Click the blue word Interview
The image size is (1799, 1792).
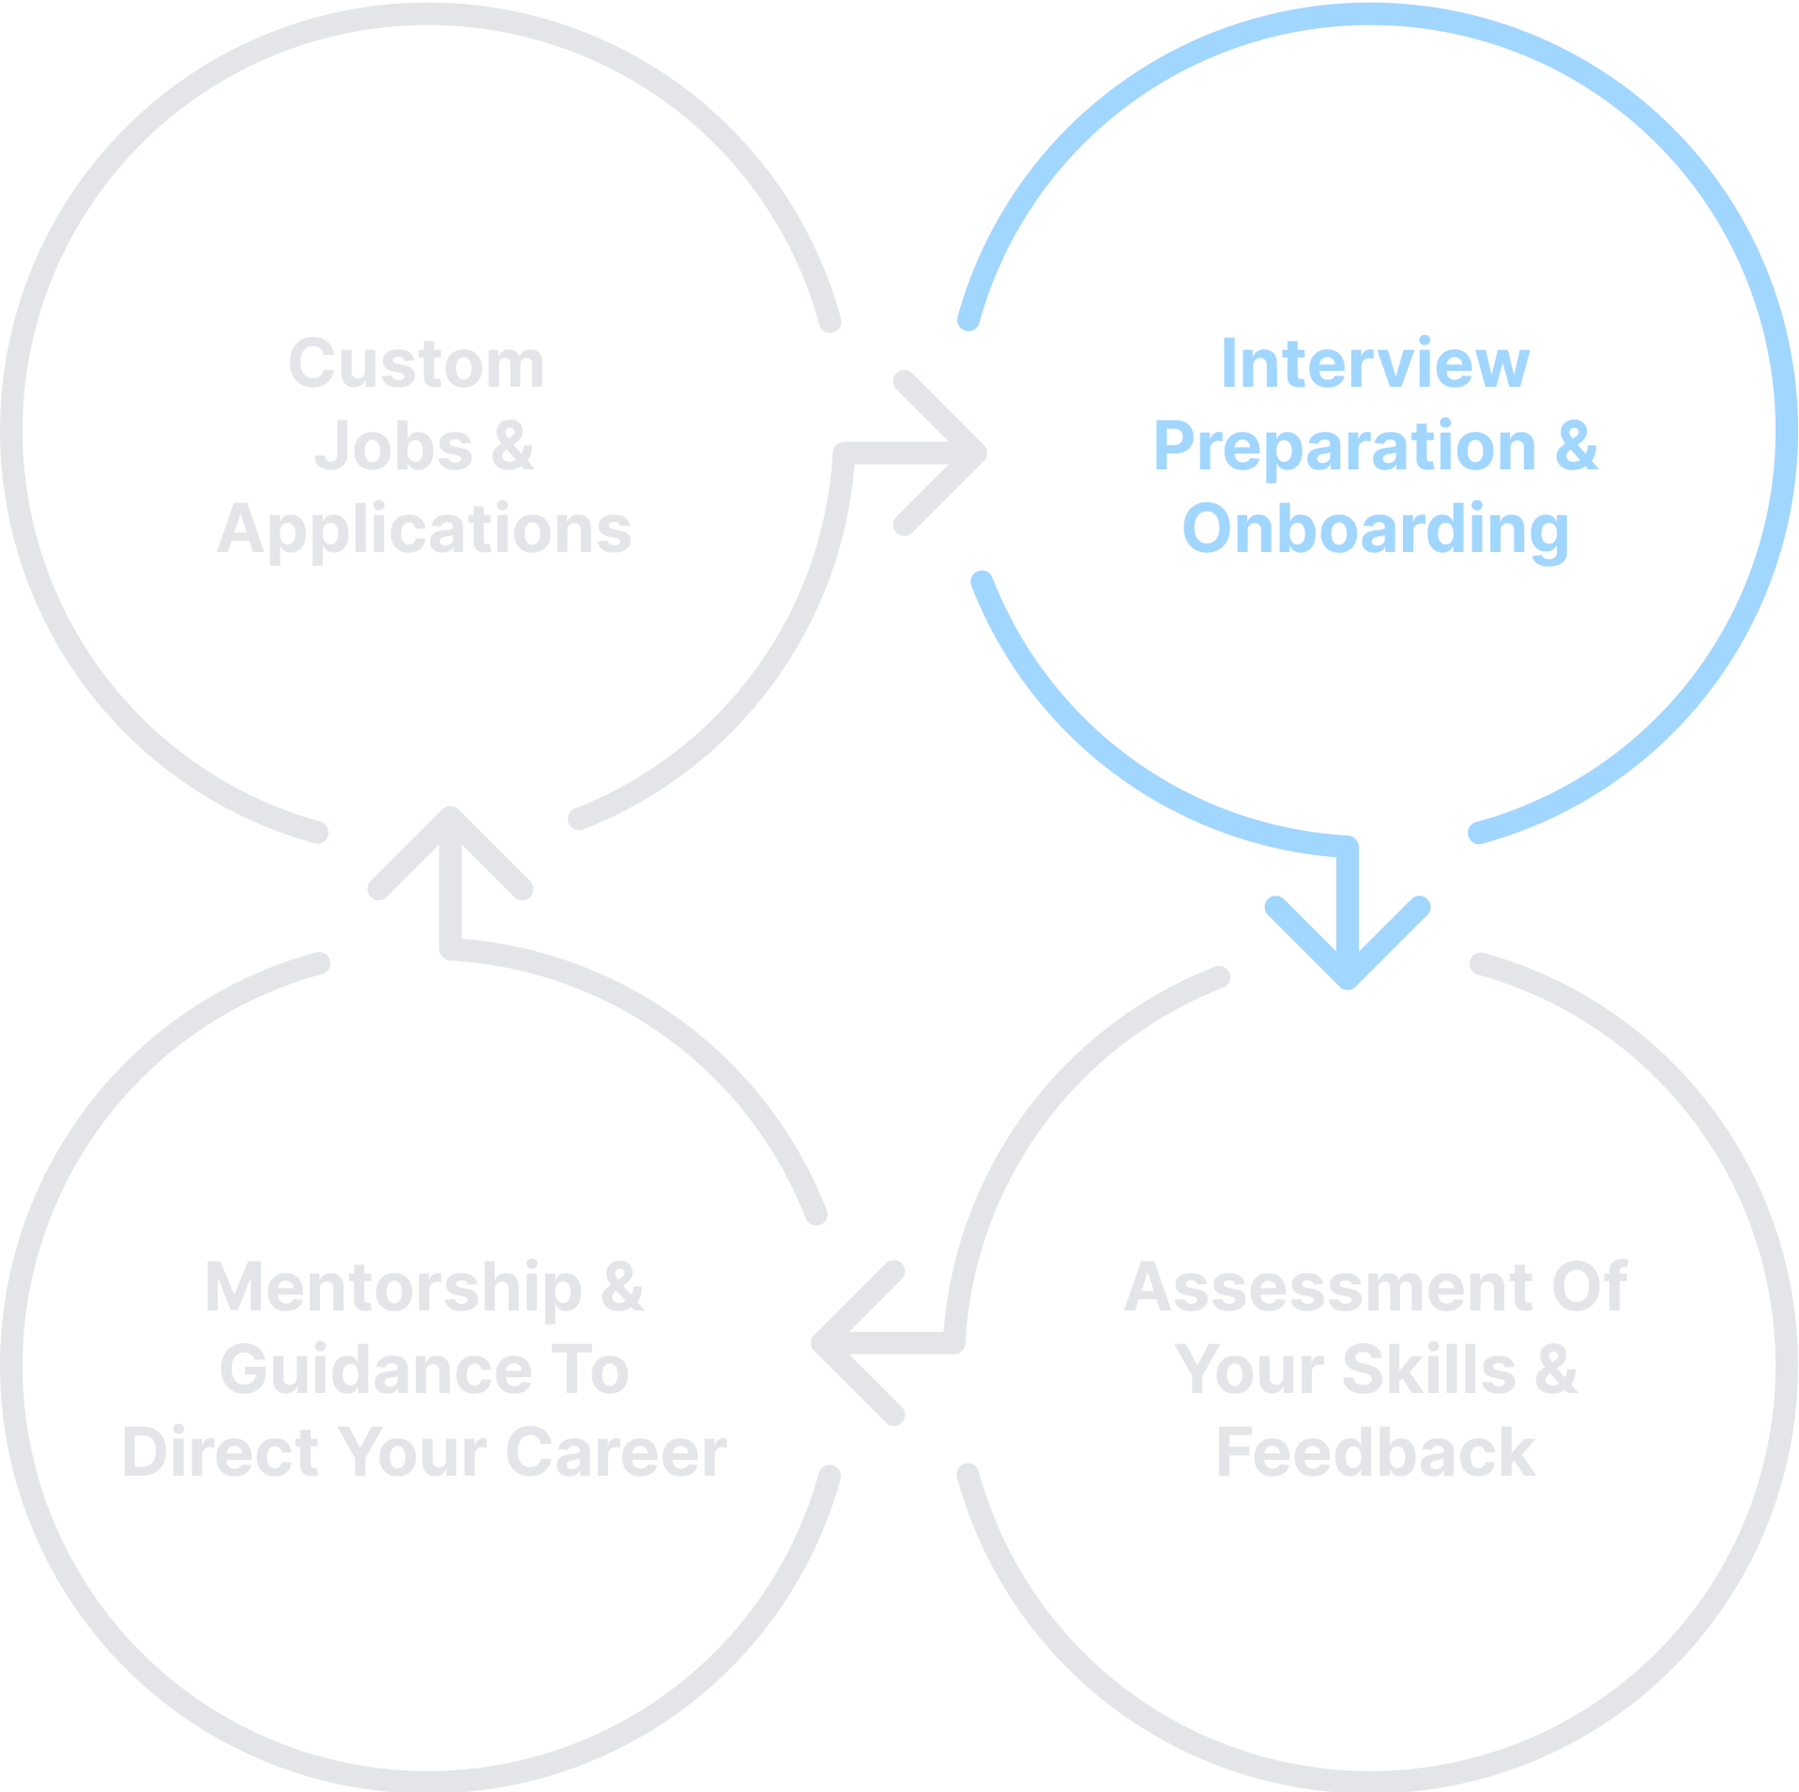pos(1375,364)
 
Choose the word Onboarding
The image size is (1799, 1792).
pos(1375,529)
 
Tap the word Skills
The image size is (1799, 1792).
pos(1428,1370)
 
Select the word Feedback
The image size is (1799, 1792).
pos(1375,1452)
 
